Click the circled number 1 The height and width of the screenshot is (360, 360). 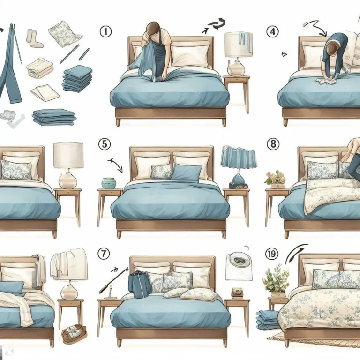[x=106, y=31]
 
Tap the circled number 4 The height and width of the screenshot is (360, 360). [x=272, y=31]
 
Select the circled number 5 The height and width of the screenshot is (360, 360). [x=105, y=144]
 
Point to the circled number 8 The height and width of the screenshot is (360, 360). [x=273, y=144]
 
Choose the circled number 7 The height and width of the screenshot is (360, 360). [x=104, y=254]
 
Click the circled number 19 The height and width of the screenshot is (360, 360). [x=271, y=254]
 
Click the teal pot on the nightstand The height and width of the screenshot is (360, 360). [x=109, y=183]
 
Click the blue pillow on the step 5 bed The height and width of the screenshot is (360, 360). [x=187, y=172]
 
